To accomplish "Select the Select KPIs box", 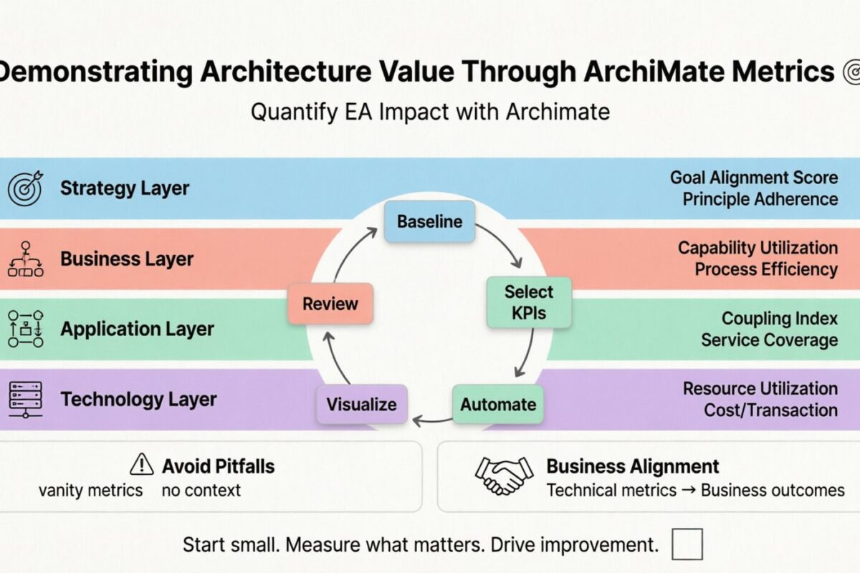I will (x=529, y=302).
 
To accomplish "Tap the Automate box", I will (x=498, y=404).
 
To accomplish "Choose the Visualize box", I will (x=361, y=404).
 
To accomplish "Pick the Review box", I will (x=330, y=304).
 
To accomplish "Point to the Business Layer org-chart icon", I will (x=25, y=259).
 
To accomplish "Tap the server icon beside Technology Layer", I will (x=25, y=400).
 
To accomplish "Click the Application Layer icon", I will (x=25, y=329).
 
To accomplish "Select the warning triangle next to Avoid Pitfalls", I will (x=141, y=466).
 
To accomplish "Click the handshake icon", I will (x=505, y=475).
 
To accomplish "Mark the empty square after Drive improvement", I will (x=687, y=544).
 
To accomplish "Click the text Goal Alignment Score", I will (x=754, y=177).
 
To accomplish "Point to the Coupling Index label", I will (x=779, y=318).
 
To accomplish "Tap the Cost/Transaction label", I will (x=770, y=410).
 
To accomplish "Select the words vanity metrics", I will (x=90, y=491).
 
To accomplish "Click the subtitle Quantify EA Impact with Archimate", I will (x=430, y=112).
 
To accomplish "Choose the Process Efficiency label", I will (x=765, y=269).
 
